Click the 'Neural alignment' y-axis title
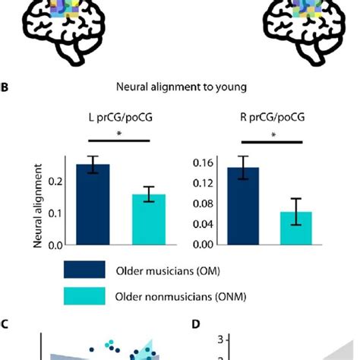pos(39,206)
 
